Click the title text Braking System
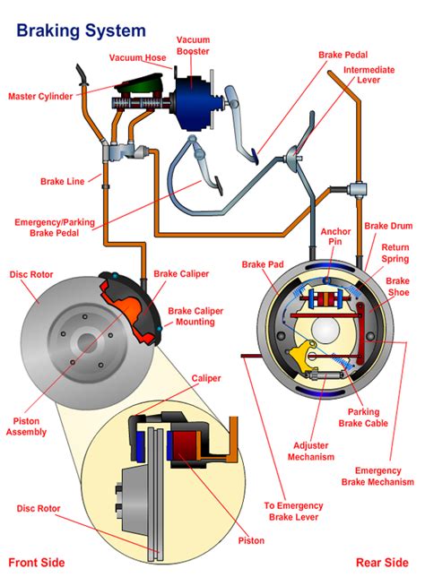click(x=82, y=30)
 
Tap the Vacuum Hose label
click(x=139, y=58)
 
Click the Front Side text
click(x=36, y=562)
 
